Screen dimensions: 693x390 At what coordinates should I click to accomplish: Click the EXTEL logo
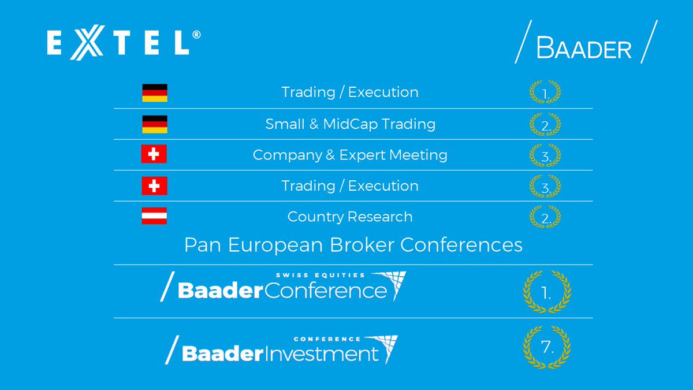[x=124, y=42]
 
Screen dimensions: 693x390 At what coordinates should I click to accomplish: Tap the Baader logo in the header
[x=586, y=42]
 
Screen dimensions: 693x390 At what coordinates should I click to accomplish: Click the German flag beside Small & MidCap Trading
[x=155, y=124]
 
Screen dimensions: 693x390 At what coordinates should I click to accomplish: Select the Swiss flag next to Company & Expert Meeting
[x=154, y=154]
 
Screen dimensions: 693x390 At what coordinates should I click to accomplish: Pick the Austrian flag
[x=154, y=216]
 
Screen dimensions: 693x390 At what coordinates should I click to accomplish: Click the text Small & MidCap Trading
[x=350, y=124]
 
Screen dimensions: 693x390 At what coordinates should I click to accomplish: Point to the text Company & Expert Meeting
[x=350, y=155]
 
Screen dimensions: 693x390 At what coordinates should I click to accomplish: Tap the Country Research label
[x=350, y=217]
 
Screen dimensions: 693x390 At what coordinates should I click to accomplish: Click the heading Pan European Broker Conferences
[x=353, y=245]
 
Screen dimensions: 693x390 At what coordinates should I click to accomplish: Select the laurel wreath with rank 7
[x=547, y=347]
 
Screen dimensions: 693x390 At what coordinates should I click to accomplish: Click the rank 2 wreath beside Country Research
[x=545, y=217]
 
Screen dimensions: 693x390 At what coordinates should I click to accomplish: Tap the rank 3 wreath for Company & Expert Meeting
[x=545, y=155]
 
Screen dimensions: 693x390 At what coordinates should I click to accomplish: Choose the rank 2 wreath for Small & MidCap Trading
[x=545, y=124]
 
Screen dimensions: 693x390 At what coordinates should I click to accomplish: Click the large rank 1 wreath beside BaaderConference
[x=547, y=292]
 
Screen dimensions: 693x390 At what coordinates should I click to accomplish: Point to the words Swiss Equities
[x=321, y=275]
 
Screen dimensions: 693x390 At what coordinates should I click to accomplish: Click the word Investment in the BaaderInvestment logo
[x=322, y=354]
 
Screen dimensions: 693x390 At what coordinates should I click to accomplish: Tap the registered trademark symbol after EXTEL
[x=196, y=35]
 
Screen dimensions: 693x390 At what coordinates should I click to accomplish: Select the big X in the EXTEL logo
[x=87, y=42]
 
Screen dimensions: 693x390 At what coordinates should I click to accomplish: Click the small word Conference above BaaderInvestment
[x=327, y=339]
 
